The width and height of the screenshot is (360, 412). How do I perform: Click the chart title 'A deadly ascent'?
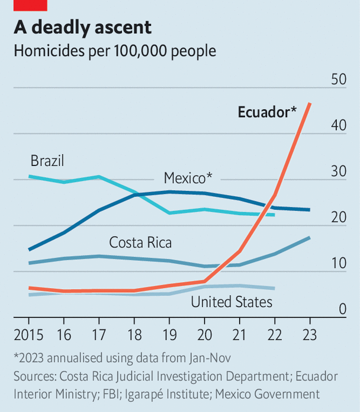pos(83,27)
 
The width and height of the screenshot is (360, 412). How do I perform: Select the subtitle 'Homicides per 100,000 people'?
pos(115,51)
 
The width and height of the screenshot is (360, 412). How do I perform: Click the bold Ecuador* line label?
pos(267,112)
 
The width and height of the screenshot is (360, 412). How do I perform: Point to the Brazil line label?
pos(47,161)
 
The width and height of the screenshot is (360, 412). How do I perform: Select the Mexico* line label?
pos(188,178)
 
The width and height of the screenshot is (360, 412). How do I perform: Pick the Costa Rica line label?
pos(140,242)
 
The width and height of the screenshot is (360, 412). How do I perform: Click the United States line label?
pos(232,302)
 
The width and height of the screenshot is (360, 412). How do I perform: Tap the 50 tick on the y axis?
pos(338,80)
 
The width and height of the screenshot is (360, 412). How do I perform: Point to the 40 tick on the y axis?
pos(338,126)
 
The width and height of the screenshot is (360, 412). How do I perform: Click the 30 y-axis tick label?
pos(338,171)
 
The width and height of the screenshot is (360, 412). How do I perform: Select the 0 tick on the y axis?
pos(342,309)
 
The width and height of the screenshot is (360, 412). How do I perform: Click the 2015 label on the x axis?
pos(28,334)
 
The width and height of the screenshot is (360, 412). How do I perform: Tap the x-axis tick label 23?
pos(310,334)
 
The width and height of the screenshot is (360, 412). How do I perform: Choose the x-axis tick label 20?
pos(204,334)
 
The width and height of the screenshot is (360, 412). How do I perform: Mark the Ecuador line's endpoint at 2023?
pos(310,104)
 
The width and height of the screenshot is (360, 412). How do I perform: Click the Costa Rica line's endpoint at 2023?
pos(310,238)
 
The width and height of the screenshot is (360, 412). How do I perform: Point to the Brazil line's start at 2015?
pos(29,176)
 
